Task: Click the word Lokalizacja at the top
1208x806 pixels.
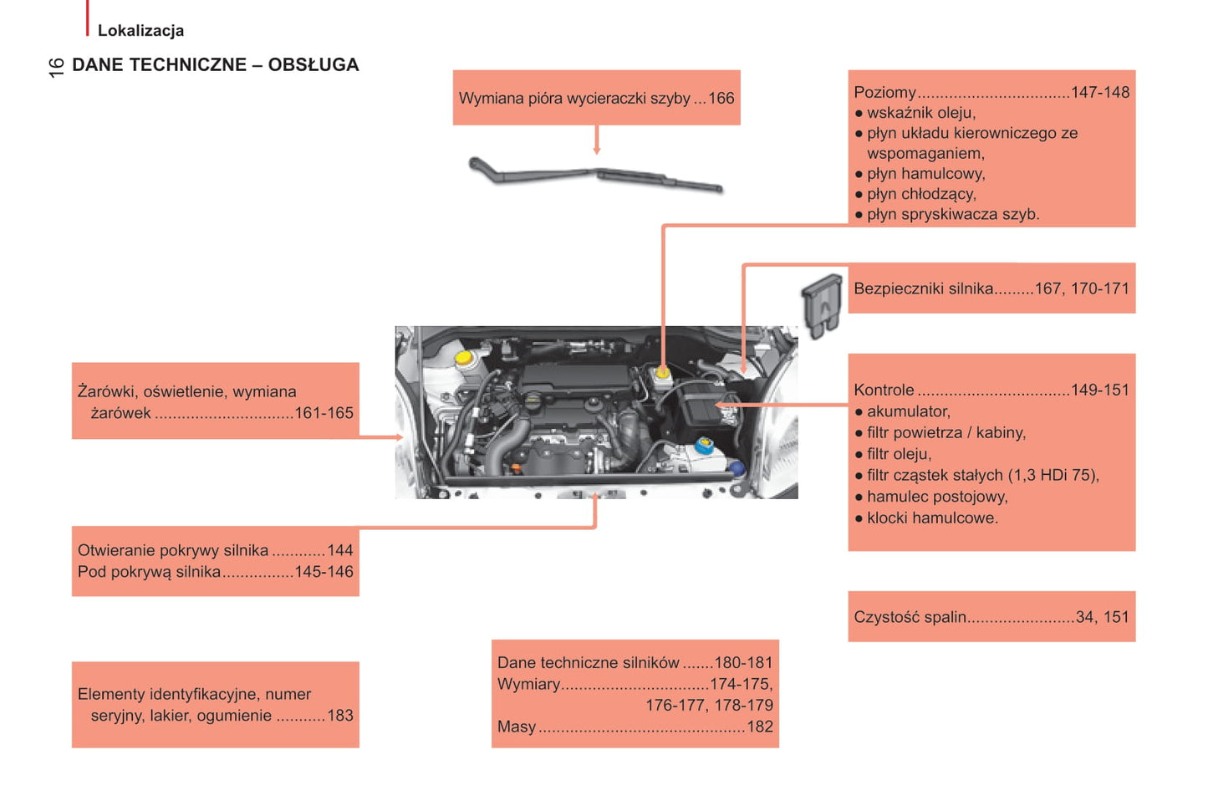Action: click(140, 31)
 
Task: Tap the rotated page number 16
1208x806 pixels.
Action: click(56, 68)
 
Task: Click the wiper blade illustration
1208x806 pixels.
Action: click(595, 175)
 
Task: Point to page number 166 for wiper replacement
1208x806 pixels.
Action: click(721, 99)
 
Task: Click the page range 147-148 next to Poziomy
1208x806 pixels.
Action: click(1099, 93)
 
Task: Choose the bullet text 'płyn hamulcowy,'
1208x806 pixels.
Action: click(925, 174)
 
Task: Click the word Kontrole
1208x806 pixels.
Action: click(884, 390)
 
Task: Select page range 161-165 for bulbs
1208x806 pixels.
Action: click(324, 413)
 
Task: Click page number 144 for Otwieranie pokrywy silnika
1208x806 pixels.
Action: click(339, 551)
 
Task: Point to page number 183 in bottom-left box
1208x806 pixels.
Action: click(339, 716)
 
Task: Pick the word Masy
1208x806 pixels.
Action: click(517, 727)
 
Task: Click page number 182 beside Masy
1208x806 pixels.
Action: click(759, 727)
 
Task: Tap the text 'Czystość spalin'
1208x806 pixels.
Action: click(910, 617)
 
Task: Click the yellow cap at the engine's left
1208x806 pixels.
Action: click(462, 358)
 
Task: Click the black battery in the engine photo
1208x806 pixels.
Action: click(699, 405)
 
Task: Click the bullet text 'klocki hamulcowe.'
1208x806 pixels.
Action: click(932, 518)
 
